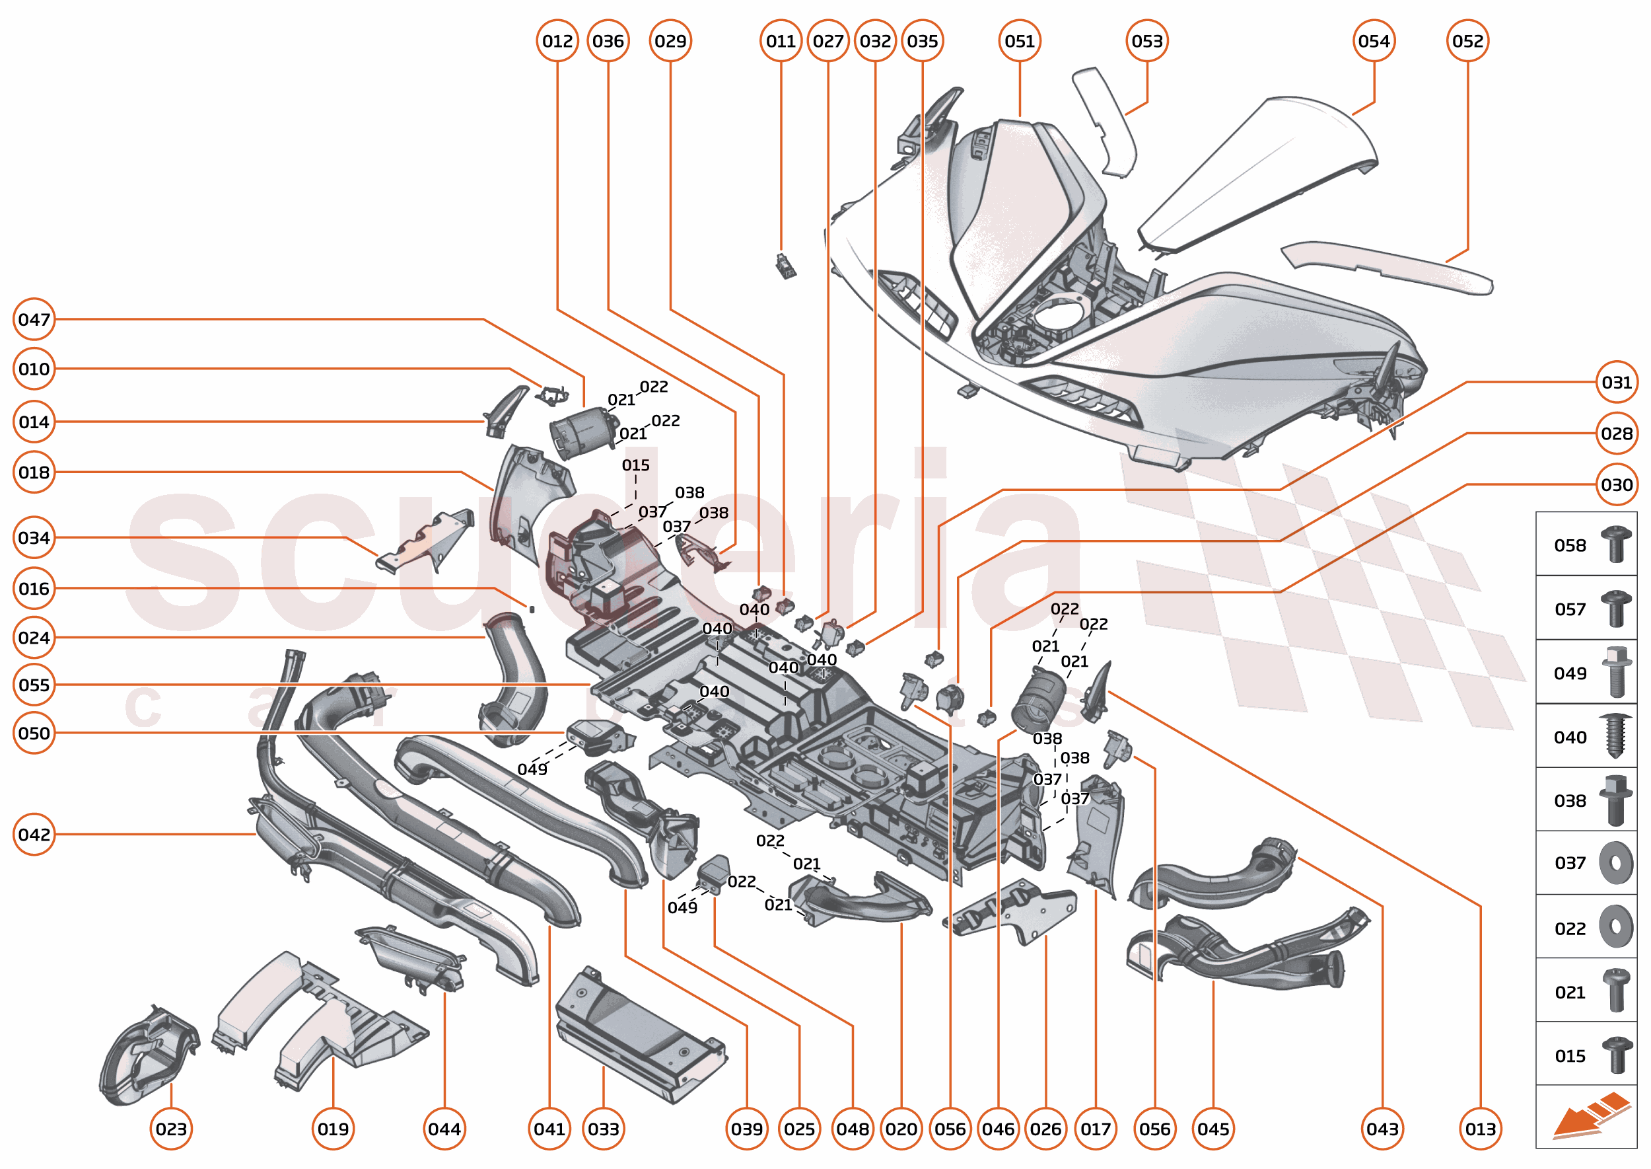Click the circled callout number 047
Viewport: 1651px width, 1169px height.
[x=34, y=319]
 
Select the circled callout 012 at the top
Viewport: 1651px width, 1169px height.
[x=557, y=41]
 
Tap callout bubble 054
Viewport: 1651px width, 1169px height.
[x=1374, y=41]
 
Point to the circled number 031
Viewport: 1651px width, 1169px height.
[x=1616, y=382]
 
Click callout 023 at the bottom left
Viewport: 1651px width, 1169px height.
[x=171, y=1129]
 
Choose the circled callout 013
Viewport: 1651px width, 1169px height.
[x=1480, y=1129]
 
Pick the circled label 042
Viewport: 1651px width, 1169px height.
[x=34, y=834]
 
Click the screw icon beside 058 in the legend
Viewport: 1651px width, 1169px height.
[x=1615, y=545]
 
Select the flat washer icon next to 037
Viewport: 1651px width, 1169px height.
[x=1615, y=862]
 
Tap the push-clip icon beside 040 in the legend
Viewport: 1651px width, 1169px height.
[x=1615, y=735]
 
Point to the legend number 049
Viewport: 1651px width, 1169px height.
[x=1570, y=673]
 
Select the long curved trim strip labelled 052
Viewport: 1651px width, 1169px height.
[x=1388, y=266]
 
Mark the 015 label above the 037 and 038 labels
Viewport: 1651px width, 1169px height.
[x=635, y=465]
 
